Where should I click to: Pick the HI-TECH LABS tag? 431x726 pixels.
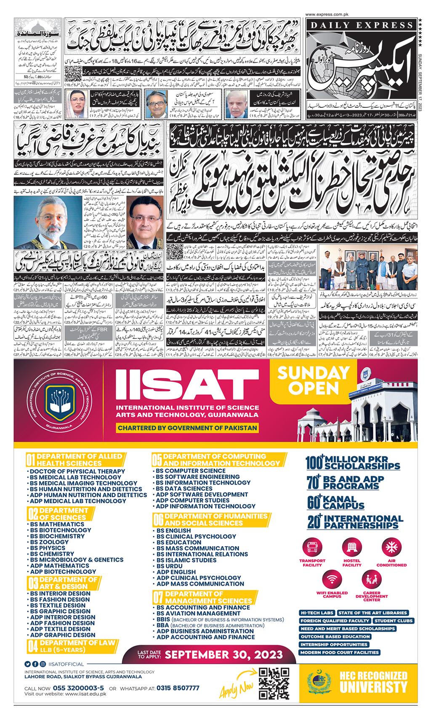pos(317,613)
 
